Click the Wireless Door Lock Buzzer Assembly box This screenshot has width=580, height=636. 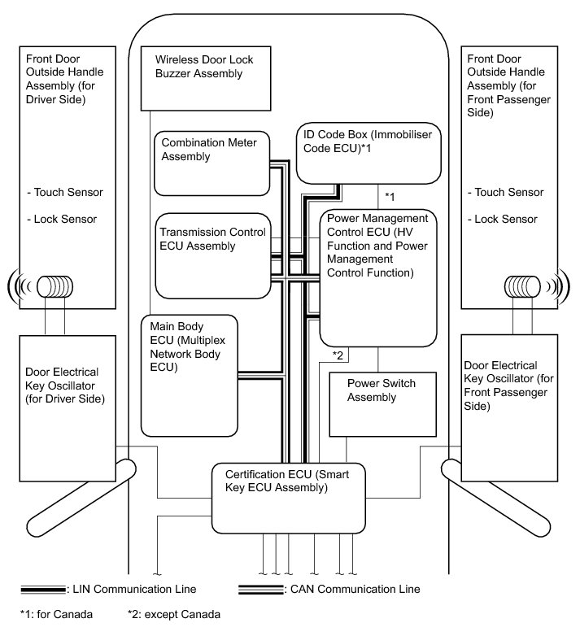coord(206,78)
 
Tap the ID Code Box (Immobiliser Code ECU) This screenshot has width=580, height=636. coord(368,154)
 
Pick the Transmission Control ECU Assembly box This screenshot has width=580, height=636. coord(211,255)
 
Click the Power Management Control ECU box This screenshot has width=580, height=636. coord(378,277)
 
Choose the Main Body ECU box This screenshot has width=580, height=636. coord(189,374)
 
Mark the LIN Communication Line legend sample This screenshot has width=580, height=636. coord(46,588)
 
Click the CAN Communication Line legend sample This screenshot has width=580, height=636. coord(261,588)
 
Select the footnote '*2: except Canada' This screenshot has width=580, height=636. coord(174,614)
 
